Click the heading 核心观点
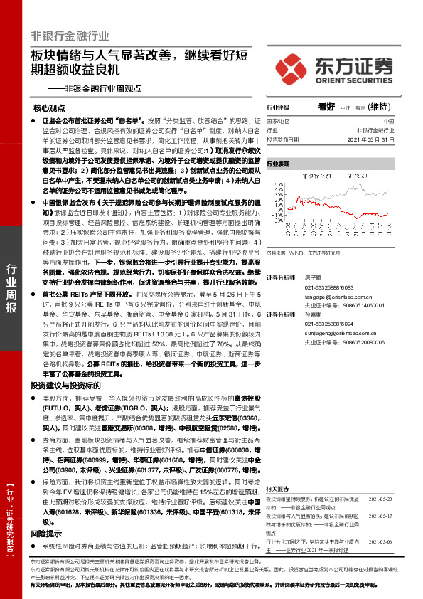[x=49, y=107]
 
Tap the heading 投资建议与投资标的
[x=59, y=385]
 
